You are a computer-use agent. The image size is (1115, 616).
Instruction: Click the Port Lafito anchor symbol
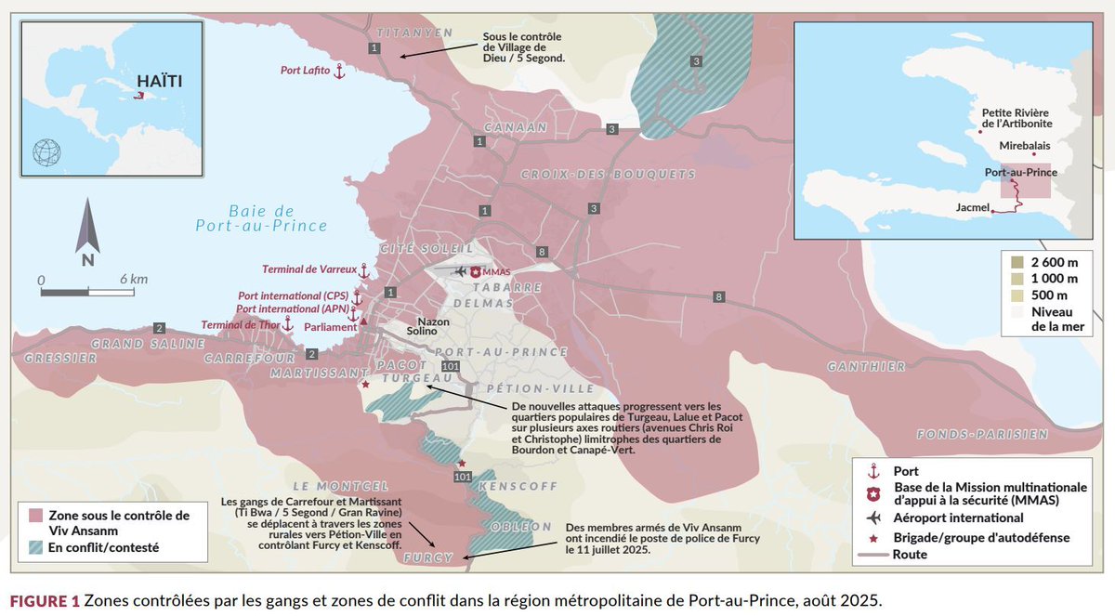pos(339,71)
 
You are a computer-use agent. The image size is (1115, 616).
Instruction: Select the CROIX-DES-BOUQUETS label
pos(608,175)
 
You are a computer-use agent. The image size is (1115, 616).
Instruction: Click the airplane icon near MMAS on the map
pos(459,271)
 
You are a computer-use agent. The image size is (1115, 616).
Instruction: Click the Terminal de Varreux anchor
pos(364,270)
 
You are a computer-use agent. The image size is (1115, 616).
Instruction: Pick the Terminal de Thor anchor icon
pos(288,323)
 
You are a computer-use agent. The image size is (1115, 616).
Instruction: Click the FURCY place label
pos(430,558)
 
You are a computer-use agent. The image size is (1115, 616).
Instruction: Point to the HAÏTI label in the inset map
pos(157,81)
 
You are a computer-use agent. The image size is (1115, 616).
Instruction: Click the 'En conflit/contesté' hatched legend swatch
pos(38,547)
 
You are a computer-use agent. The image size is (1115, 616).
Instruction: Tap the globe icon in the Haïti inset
pos(46,151)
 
